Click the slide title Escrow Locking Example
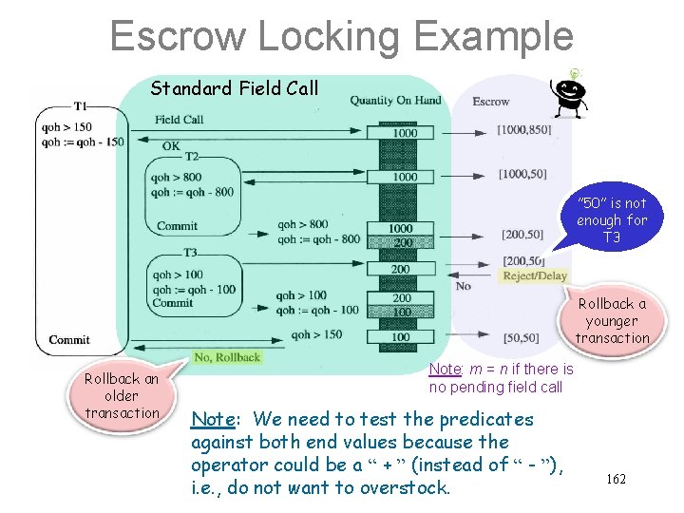click(x=341, y=37)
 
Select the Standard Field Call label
click(x=235, y=89)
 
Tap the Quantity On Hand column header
click(x=395, y=101)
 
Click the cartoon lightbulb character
click(x=570, y=96)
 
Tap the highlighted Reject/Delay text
click(x=535, y=276)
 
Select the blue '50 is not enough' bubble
click(x=611, y=220)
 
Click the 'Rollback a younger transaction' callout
click(x=612, y=321)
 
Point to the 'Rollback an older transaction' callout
click(x=122, y=395)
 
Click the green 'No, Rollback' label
click(x=226, y=357)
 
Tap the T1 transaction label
click(x=82, y=105)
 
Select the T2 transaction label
click(x=192, y=156)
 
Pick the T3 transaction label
click(x=191, y=253)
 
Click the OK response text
click(x=171, y=145)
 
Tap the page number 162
click(x=616, y=480)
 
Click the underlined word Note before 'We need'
click(x=212, y=419)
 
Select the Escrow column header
click(x=491, y=102)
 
